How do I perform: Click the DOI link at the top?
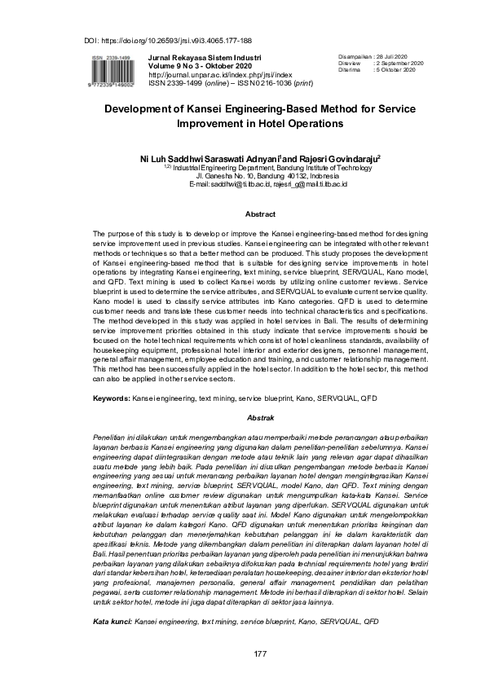click(x=168, y=40)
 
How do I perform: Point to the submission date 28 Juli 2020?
click(x=399, y=55)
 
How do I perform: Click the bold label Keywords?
click(x=111, y=399)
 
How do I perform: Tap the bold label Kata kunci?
click(x=113, y=621)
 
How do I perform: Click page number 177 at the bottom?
click(x=260, y=654)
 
